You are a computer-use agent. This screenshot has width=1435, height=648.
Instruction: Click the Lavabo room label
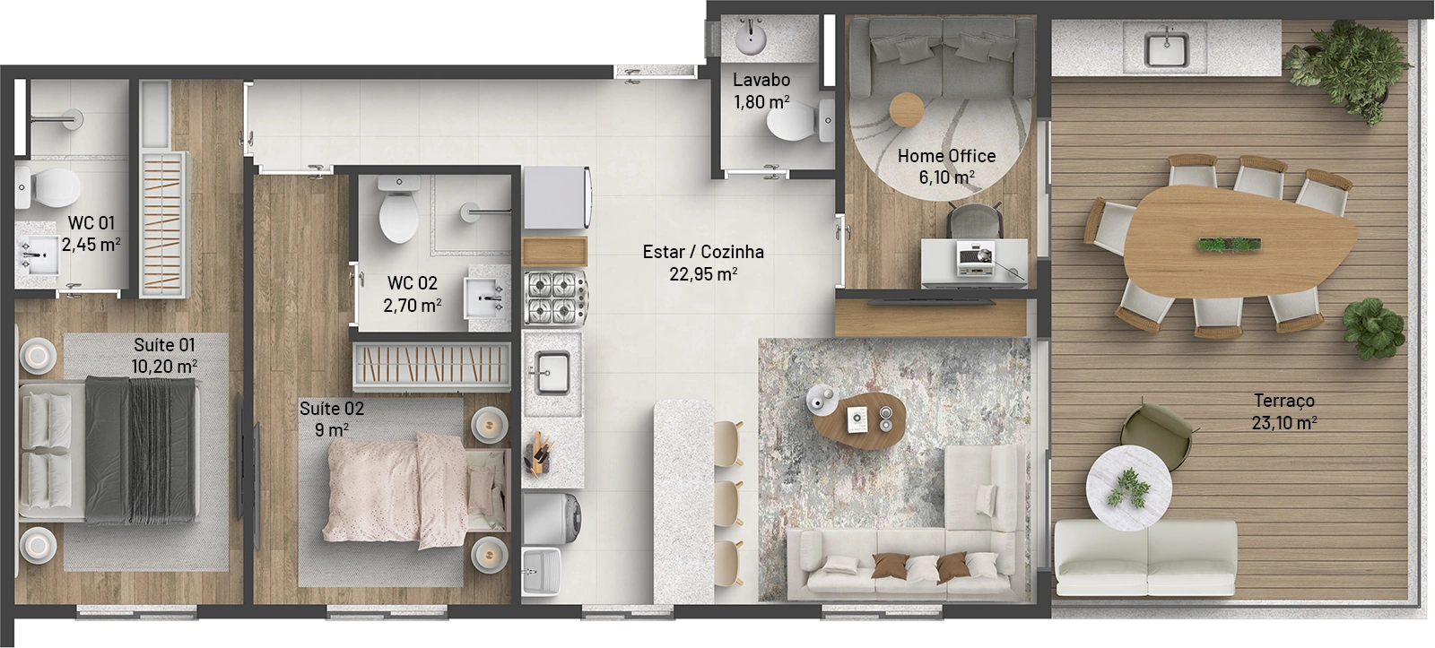(761, 80)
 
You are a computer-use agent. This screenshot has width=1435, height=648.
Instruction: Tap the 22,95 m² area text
(703, 274)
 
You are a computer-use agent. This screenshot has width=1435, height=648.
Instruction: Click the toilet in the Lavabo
(800, 120)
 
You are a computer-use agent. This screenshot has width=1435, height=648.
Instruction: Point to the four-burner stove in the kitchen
(555, 298)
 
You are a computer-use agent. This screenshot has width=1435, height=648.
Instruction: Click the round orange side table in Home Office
(907, 109)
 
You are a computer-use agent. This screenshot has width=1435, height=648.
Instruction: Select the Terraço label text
(1284, 401)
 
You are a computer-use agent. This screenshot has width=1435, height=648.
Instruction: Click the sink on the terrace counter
(1166, 48)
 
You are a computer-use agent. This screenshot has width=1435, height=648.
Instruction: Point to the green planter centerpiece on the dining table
(1230, 244)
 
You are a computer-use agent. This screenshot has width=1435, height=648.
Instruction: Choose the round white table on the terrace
(1129, 488)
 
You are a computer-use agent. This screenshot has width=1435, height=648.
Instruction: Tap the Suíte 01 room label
(164, 345)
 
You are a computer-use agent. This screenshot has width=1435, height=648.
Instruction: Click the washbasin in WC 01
(37, 255)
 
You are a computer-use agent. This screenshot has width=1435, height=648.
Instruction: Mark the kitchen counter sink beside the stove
(551, 373)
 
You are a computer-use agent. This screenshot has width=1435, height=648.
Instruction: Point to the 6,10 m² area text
(947, 177)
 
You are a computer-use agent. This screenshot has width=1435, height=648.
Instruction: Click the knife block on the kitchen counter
(538, 454)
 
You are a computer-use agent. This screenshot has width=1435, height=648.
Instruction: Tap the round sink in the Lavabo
(750, 37)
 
